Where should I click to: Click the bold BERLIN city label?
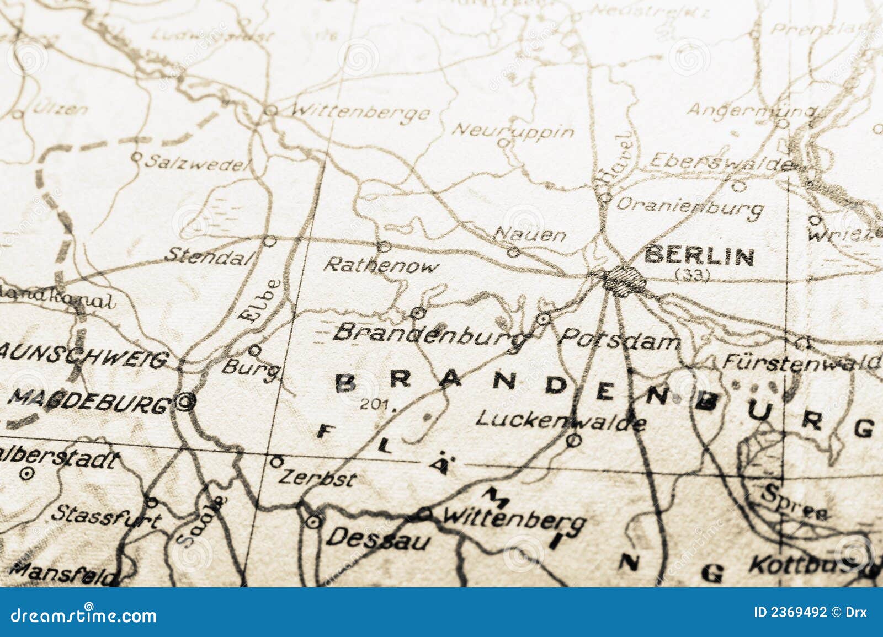click(699, 256)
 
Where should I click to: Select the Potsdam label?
click(619, 340)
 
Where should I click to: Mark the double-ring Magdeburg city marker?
click(185, 403)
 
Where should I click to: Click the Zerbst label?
click(317, 478)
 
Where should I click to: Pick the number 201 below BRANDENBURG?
click(377, 405)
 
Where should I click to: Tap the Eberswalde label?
click(720, 162)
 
